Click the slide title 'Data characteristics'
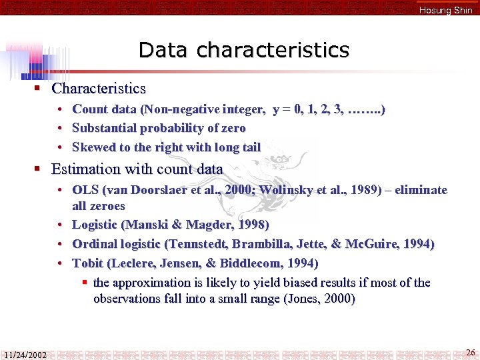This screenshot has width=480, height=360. pos(243,50)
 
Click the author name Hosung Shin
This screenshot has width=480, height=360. pos(445,10)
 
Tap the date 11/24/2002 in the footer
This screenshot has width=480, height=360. pos(25,355)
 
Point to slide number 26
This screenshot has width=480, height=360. pos(470,352)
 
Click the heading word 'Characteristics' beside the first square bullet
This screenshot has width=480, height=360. pos(99,88)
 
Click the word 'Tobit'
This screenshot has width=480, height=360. pos(87,263)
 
